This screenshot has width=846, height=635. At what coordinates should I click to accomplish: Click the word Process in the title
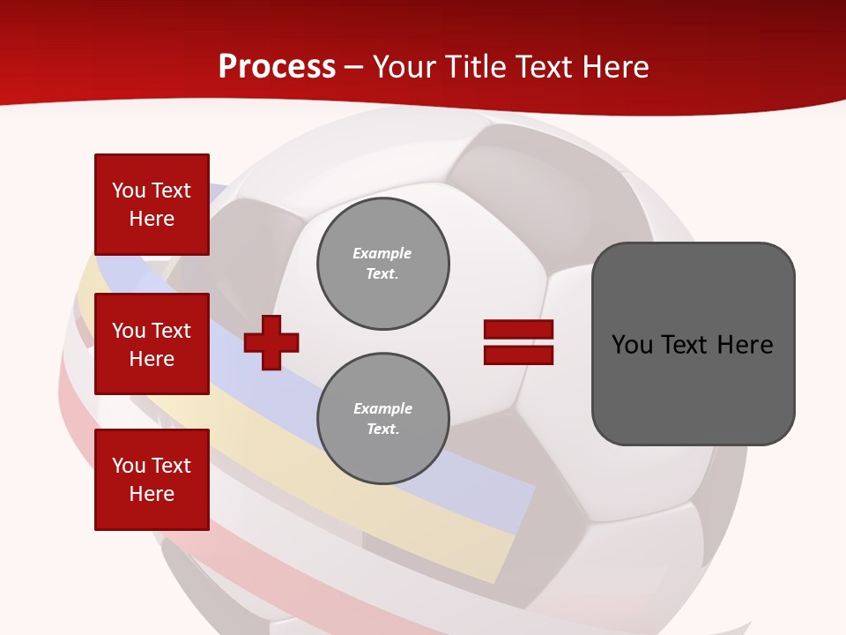(277, 67)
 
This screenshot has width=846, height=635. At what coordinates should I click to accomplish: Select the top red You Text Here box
(152, 205)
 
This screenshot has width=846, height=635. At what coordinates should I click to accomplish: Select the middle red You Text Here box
(152, 344)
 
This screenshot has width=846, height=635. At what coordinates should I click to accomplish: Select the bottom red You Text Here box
(152, 480)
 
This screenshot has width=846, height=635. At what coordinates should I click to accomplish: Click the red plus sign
(271, 342)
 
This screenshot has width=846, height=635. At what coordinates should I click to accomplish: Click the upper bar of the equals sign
(518, 329)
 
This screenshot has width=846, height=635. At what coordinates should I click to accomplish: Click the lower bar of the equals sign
(518, 355)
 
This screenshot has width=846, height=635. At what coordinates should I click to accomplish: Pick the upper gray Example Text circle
(383, 263)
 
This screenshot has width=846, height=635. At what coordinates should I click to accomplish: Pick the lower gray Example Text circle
(383, 418)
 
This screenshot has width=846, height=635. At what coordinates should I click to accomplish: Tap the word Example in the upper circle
(382, 253)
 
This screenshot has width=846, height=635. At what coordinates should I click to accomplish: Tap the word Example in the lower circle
(382, 408)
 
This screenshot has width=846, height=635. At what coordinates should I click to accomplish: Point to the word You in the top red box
(129, 190)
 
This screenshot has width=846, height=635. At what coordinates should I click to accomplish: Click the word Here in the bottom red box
(152, 494)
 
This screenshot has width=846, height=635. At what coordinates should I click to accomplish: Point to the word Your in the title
(404, 67)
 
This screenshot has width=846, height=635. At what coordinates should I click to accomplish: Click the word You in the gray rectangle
(632, 345)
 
